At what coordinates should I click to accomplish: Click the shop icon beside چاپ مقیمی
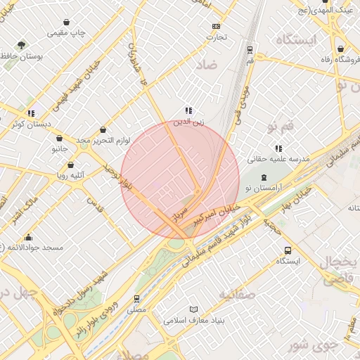click(66, 22)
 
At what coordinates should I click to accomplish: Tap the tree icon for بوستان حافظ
click(22, 44)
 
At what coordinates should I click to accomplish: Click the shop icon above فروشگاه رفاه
click(341, 49)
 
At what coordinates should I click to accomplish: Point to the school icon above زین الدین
click(188, 110)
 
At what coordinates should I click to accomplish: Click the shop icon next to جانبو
click(58, 139)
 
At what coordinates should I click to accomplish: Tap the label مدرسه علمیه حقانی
click(278, 160)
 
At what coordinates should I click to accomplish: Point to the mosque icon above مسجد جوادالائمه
click(28, 237)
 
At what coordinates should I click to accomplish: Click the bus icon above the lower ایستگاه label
click(288, 250)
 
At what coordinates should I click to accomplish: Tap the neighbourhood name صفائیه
click(236, 293)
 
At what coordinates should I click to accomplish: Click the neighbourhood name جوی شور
click(309, 345)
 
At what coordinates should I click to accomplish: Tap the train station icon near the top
click(250, 50)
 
